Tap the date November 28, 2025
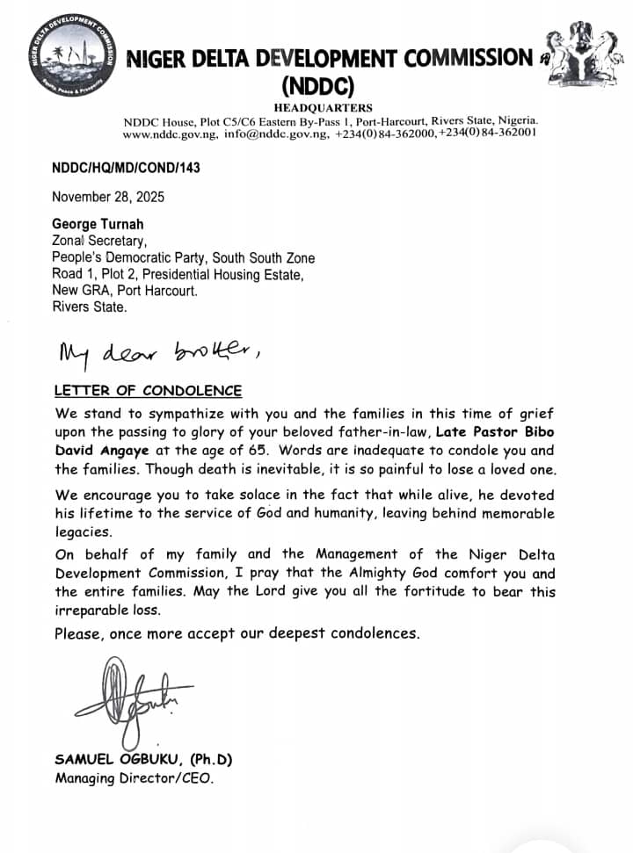tap(108, 197)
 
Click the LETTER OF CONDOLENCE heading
tap(148, 391)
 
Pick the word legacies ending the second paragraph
tap(82, 531)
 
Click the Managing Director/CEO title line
tap(134, 778)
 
